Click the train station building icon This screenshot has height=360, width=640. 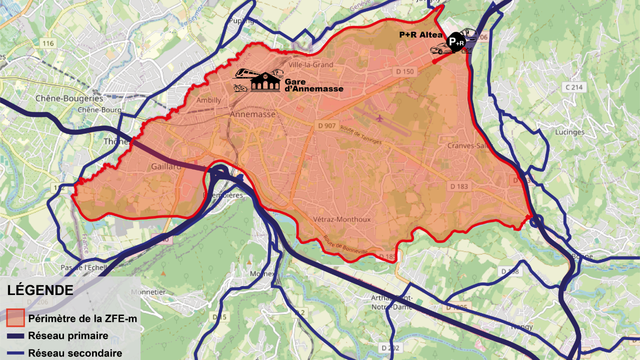265,81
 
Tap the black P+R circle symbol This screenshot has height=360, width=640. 455,42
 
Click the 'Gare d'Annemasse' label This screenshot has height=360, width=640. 313,85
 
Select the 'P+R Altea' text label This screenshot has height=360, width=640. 420,35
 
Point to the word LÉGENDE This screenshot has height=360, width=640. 40,290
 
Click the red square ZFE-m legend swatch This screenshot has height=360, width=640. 15,318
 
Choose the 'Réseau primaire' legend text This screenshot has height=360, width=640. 68,335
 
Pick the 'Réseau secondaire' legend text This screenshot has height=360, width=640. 75,353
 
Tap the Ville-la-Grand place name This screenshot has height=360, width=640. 311,64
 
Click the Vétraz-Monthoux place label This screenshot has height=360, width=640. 341,219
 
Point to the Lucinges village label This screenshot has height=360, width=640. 569,132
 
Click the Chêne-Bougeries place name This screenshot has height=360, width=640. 69,98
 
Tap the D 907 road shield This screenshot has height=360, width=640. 326,125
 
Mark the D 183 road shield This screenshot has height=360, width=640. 459,186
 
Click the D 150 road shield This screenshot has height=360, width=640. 405,71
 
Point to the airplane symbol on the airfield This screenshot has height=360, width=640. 379,118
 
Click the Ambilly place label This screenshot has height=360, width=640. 208,100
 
